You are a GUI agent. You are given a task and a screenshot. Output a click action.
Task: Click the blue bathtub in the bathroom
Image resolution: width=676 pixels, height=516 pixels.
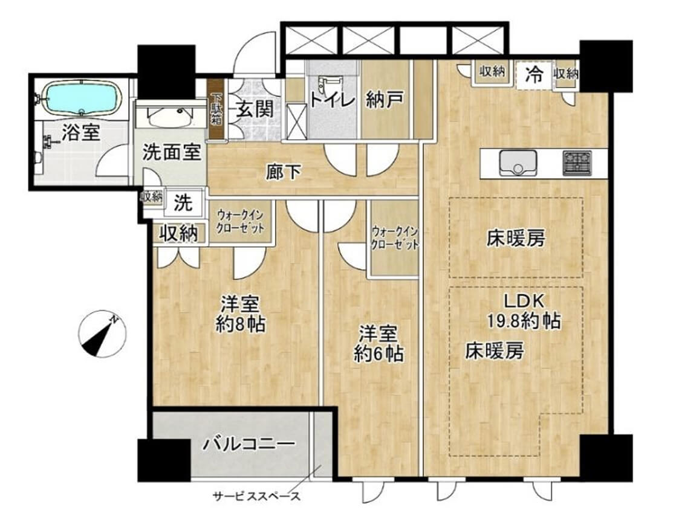tap(81, 97)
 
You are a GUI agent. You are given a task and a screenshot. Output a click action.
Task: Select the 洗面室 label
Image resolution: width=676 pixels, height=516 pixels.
tap(171, 153)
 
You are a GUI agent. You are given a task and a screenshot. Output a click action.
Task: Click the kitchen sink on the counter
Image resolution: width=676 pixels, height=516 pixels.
tap(518, 163)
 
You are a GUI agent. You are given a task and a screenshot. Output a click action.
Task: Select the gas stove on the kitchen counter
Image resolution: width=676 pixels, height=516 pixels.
tap(577, 163)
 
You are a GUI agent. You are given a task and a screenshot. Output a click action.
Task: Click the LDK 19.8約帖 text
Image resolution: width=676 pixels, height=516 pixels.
tap(524, 311)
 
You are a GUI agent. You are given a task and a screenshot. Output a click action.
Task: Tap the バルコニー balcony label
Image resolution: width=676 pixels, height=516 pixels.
tap(249, 445)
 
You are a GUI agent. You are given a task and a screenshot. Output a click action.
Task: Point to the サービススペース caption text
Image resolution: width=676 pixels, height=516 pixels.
tap(256, 497)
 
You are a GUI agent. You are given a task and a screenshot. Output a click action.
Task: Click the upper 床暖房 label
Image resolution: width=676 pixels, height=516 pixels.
tap(516, 239)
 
